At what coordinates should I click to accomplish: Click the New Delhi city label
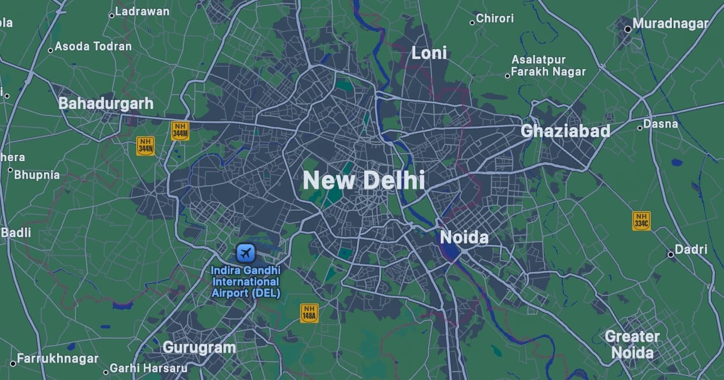pyautogui.click(x=363, y=180)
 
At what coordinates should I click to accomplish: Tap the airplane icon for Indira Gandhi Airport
pyautogui.click(x=246, y=252)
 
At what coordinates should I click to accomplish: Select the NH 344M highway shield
pyautogui.click(x=180, y=131)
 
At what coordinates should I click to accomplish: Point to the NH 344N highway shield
pyautogui.click(x=145, y=146)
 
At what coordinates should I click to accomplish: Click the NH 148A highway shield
pyautogui.click(x=309, y=313)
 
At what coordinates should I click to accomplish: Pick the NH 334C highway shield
pyautogui.click(x=641, y=221)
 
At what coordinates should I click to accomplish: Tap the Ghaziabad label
pyautogui.click(x=565, y=131)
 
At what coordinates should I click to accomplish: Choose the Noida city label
pyautogui.click(x=464, y=237)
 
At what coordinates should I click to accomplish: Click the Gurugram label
pyautogui.click(x=199, y=347)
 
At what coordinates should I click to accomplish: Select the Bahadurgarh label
pyautogui.click(x=106, y=103)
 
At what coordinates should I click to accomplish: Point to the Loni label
pyautogui.click(x=429, y=53)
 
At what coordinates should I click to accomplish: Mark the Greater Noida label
pyautogui.click(x=632, y=345)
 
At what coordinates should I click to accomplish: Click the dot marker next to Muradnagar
pyautogui.click(x=628, y=29)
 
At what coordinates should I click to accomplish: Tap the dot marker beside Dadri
pyautogui.click(x=671, y=254)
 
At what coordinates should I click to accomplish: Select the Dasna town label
pyautogui.click(x=661, y=124)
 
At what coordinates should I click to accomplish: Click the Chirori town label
pyautogui.click(x=494, y=18)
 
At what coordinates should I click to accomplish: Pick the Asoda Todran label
pyautogui.click(x=93, y=46)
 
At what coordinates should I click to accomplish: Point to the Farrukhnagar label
pyautogui.click(x=58, y=359)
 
